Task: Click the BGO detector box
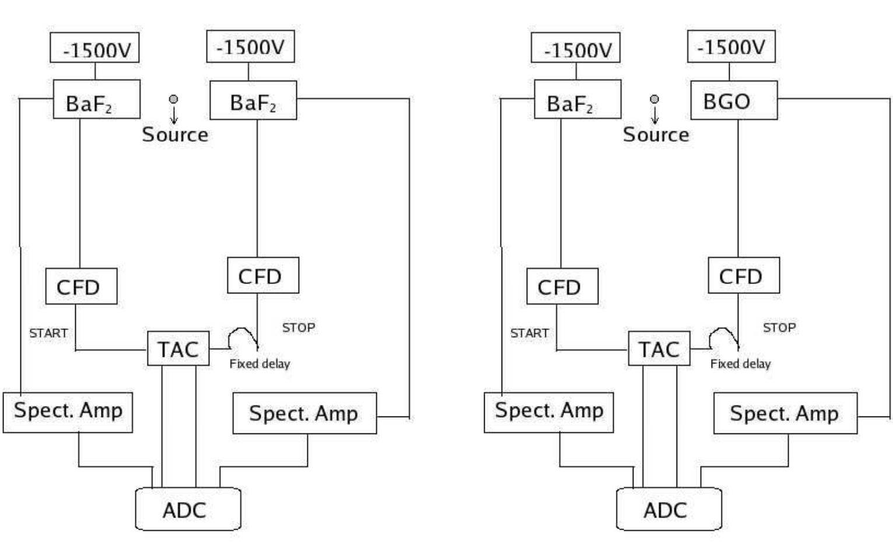click(x=734, y=100)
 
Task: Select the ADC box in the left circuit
click(x=188, y=509)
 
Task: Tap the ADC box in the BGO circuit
click(x=668, y=509)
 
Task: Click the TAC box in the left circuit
click(x=178, y=349)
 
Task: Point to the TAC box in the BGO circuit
click(x=659, y=349)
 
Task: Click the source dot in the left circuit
click(x=173, y=100)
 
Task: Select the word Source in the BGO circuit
click(x=656, y=135)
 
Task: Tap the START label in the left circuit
click(x=48, y=333)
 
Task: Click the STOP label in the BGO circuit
click(x=779, y=328)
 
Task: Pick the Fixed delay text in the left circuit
click(x=260, y=364)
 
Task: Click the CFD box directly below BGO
click(x=743, y=275)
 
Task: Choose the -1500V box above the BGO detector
click(x=731, y=47)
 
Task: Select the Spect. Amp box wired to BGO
click(x=785, y=413)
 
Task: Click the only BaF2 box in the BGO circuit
click(x=577, y=100)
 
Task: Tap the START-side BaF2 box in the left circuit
click(x=96, y=100)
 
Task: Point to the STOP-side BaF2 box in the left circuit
click(x=253, y=100)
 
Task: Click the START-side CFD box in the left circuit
click(x=81, y=286)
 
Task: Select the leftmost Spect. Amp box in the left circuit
click(x=68, y=412)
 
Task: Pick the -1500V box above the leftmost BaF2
click(x=94, y=48)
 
